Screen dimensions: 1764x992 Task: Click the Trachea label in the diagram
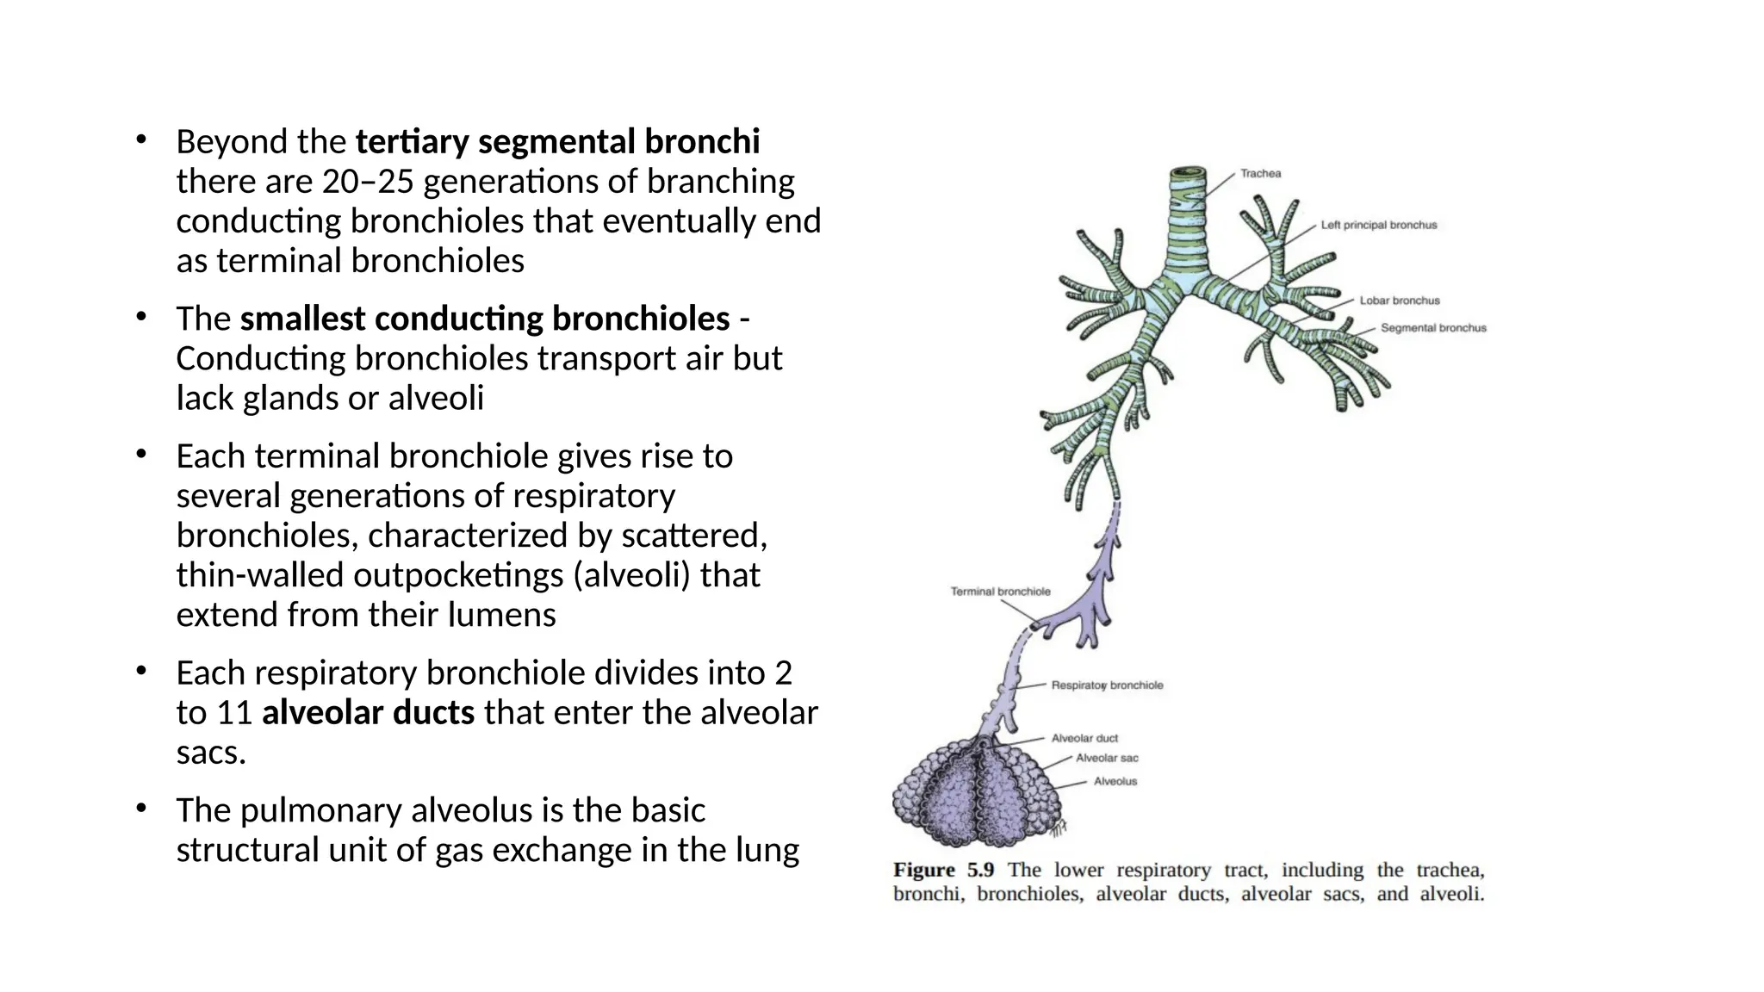coord(1260,174)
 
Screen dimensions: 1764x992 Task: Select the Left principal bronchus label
coord(1378,226)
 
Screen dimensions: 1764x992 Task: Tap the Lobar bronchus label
coord(1399,301)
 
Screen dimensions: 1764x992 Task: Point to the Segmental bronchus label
coord(1433,328)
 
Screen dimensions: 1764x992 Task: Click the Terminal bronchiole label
coord(1000,592)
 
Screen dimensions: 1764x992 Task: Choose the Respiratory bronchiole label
coord(1107,685)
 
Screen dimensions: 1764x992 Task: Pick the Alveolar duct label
coord(1084,738)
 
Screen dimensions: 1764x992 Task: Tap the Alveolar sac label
coord(1107,758)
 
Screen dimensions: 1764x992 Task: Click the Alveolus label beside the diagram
coord(1115,781)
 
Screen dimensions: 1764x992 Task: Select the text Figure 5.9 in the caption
coord(943,870)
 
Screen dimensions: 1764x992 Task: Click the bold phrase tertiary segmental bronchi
coord(557,141)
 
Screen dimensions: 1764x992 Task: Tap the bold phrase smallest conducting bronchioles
coord(485,319)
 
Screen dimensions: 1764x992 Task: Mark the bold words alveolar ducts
coord(368,713)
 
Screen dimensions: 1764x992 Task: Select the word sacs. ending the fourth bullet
coord(211,753)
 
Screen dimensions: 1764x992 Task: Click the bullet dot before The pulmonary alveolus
coord(141,809)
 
